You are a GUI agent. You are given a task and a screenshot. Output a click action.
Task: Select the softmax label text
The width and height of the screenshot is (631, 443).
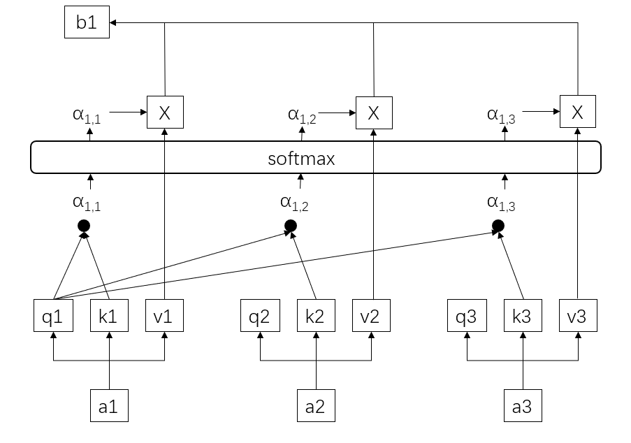(x=301, y=159)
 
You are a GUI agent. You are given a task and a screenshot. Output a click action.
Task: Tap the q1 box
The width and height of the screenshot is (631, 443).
(x=53, y=316)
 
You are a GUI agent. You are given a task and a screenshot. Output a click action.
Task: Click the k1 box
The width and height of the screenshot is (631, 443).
(x=108, y=316)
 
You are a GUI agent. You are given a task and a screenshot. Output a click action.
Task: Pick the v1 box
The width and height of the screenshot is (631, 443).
(x=164, y=316)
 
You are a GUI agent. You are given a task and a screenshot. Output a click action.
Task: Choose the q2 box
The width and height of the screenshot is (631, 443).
(x=259, y=316)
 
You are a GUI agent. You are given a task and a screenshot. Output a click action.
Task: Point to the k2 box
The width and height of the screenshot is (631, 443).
(x=315, y=316)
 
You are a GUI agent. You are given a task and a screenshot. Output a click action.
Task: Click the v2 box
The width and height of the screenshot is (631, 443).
(x=370, y=316)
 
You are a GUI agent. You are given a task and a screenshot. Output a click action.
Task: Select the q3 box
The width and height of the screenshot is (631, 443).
(x=466, y=316)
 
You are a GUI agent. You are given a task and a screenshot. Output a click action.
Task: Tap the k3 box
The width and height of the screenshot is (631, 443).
(x=522, y=316)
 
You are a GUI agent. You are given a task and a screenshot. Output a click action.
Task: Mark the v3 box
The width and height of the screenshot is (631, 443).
(x=577, y=316)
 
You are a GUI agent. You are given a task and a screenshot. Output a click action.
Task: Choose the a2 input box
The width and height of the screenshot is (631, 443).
(x=315, y=407)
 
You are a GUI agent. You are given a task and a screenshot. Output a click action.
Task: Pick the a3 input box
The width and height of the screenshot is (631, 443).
(x=522, y=407)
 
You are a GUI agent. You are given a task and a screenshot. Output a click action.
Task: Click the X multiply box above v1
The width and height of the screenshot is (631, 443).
(x=165, y=112)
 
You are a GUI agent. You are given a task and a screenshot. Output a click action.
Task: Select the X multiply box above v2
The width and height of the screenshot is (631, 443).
(x=374, y=112)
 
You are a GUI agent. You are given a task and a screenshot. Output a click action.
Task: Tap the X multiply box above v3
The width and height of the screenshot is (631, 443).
(x=577, y=112)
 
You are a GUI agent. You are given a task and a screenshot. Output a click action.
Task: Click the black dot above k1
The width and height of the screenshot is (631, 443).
(x=85, y=225)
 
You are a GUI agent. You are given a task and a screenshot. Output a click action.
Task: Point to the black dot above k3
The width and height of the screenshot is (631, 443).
(x=498, y=225)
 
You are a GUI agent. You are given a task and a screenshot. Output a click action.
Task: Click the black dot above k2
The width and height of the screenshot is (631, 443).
(x=291, y=225)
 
